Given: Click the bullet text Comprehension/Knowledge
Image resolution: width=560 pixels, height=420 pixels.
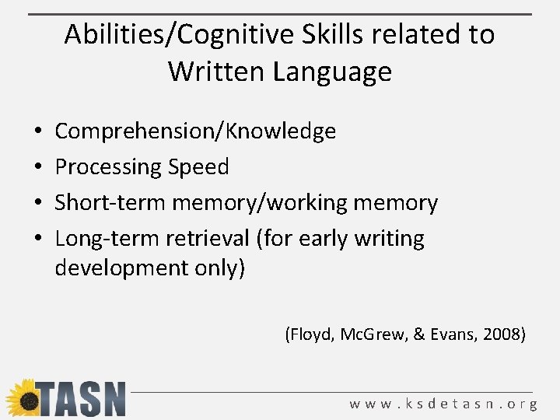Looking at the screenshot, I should pyautogui.click(x=195, y=131).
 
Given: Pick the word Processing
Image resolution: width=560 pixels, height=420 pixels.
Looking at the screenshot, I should pyautogui.click(x=107, y=167).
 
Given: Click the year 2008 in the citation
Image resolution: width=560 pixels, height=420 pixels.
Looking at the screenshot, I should pyautogui.click(x=503, y=335).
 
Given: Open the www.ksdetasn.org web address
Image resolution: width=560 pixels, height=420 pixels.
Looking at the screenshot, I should pyautogui.click(x=443, y=404).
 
